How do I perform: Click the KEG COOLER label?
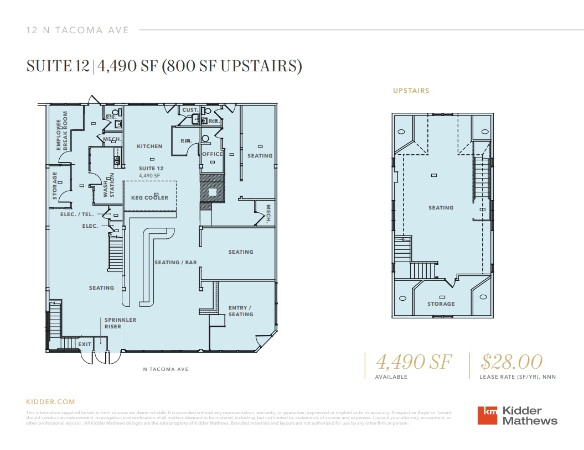pyautogui.click(x=149, y=197)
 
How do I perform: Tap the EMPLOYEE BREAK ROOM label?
pyautogui.click(x=61, y=131)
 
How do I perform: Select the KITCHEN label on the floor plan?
pyautogui.click(x=149, y=146)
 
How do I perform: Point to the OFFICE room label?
pyautogui.click(x=212, y=154)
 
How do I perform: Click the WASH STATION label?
pyautogui.click(x=108, y=185)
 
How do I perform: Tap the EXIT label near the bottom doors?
pyautogui.click(x=84, y=344)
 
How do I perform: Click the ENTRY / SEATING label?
pyautogui.click(x=241, y=311)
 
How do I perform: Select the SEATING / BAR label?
pyautogui.click(x=175, y=263)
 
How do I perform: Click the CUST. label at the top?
pyautogui.click(x=190, y=110)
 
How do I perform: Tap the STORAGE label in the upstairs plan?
pyautogui.click(x=441, y=304)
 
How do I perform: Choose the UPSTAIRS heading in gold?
pyautogui.click(x=411, y=91)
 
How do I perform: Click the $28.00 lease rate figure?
pyautogui.click(x=511, y=362)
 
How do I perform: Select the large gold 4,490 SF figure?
pyautogui.click(x=414, y=362)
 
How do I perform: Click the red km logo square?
pyautogui.click(x=488, y=416)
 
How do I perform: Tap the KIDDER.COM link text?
pyautogui.click(x=50, y=402)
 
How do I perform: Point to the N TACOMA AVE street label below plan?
pyautogui.click(x=166, y=369)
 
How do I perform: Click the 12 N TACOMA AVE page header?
pyautogui.click(x=77, y=30)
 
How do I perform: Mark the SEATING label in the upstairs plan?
pyautogui.click(x=441, y=208)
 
